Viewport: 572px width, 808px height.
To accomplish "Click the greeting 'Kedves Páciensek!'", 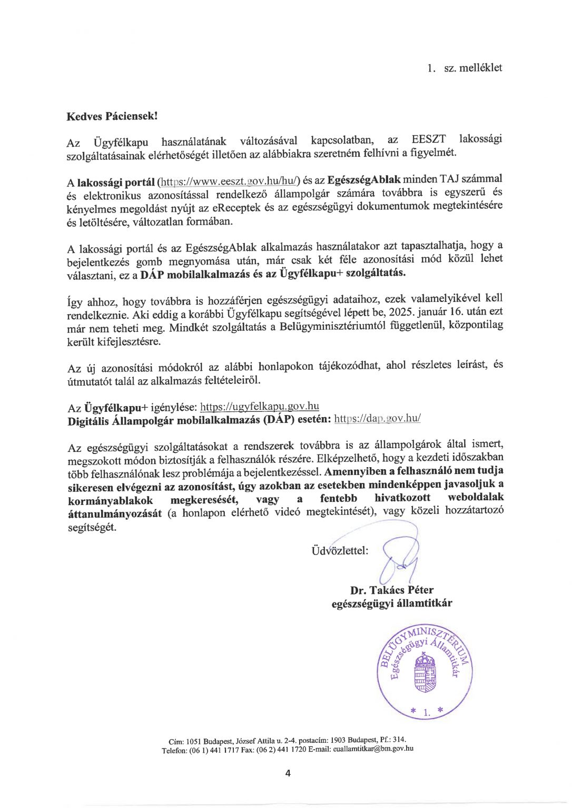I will [112, 116].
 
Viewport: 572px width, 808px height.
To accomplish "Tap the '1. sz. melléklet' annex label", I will [465, 68].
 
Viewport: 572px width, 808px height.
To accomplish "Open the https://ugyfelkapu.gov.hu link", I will [260, 407].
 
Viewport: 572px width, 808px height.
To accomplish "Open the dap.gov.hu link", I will [377, 419].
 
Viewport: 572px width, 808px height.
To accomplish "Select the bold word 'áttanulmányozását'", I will [115, 513].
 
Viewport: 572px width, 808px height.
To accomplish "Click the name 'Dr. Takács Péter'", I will [392, 590].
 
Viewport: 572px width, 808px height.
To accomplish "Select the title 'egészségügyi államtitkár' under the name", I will [391, 604].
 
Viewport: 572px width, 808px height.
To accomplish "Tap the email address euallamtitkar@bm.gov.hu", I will [373, 749].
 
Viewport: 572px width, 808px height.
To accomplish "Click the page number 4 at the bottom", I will [288, 773].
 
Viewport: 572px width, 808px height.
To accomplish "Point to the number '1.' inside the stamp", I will [427, 712].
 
